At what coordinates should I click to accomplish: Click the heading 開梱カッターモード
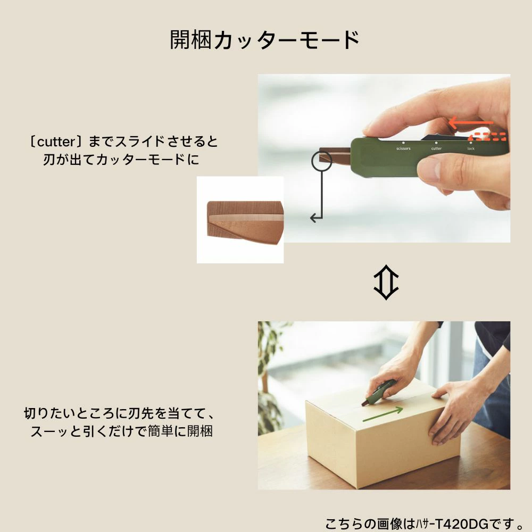(264, 40)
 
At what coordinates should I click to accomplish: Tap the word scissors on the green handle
(403, 148)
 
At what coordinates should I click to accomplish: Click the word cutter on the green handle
(436, 148)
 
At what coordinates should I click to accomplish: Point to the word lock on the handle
(471, 148)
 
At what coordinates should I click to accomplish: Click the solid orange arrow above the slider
(471, 122)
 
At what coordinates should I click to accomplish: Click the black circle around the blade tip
(321, 161)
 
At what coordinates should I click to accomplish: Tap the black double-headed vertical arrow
(386, 282)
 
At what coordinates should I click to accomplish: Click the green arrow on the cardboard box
(383, 414)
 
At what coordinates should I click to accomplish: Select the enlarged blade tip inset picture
(240, 220)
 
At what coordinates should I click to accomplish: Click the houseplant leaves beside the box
(270, 377)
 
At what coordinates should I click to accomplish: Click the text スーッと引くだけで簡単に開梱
(121, 431)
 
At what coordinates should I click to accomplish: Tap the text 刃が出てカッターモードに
(121, 160)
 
